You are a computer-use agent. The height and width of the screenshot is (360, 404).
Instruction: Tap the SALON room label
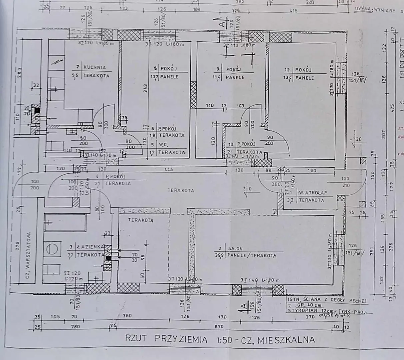(x=235, y=248)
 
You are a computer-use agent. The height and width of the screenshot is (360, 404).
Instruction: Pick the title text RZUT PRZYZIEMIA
(x=166, y=340)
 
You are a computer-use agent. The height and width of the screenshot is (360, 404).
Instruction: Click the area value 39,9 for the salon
(x=220, y=256)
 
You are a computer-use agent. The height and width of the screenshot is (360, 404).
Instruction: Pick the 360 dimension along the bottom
(x=127, y=316)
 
